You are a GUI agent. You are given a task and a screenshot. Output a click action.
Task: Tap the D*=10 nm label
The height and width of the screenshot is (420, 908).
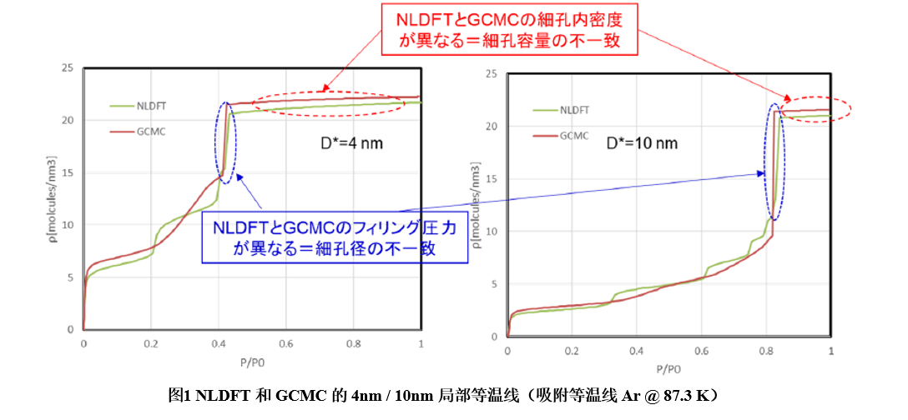(x=643, y=143)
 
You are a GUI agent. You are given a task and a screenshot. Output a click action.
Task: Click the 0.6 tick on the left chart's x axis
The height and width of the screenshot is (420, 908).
(x=286, y=344)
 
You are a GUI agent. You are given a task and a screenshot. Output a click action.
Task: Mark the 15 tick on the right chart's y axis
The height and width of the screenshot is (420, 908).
(x=492, y=179)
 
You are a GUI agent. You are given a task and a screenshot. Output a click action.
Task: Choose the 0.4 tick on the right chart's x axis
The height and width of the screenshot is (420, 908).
(x=636, y=351)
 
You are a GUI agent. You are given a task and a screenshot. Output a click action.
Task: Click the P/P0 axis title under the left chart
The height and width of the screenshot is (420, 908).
(x=252, y=363)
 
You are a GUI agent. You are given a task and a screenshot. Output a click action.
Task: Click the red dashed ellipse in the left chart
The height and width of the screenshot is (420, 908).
(x=326, y=102)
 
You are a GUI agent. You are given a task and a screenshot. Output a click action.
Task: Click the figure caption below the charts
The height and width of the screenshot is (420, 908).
(x=453, y=396)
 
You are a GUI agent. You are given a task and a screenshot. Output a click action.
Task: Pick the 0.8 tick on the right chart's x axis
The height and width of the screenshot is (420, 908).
(x=767, y=351)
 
